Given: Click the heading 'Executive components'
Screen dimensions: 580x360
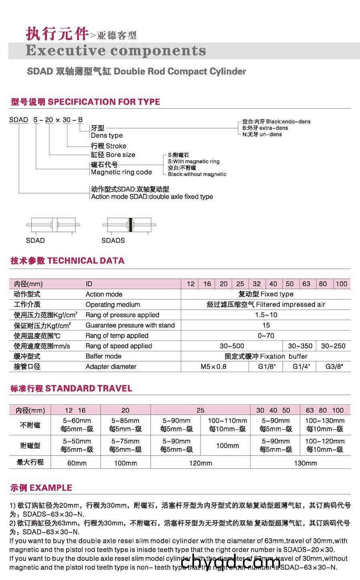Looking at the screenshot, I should tap(115, 51).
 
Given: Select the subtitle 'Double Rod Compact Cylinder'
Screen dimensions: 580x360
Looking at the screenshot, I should tap(180, 72).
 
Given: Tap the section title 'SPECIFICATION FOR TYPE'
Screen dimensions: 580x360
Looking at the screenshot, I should tap(104, 102).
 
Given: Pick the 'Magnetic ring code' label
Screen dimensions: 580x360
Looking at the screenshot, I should tap(121, 172).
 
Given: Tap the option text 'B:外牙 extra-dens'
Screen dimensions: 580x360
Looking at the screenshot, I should tap(265, 128).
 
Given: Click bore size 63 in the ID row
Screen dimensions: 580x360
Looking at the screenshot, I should tap(306, 284).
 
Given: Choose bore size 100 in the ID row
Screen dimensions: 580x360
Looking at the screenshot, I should tap(341, 284).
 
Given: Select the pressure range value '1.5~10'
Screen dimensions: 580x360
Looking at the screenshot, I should tap(266, 315).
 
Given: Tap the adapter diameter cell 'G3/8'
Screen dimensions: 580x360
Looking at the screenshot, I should tap(334, 367).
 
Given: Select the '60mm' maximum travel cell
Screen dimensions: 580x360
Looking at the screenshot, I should tap(77, 463).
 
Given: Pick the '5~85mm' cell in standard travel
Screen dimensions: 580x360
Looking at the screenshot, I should tap(125, 421).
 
